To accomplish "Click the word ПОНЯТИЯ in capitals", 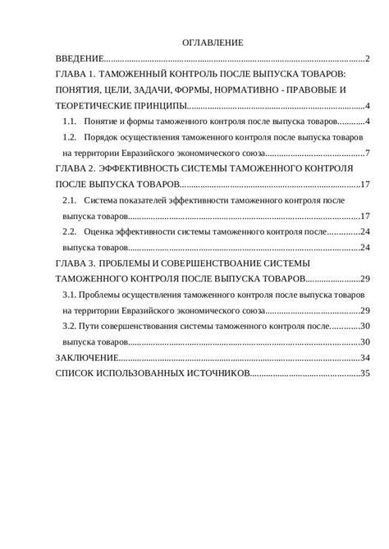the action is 81,89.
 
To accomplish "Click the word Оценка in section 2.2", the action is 102,231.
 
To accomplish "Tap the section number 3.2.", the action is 69,326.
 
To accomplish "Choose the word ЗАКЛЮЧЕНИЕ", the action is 86,357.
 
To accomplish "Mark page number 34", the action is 366,357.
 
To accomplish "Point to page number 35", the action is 366,373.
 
